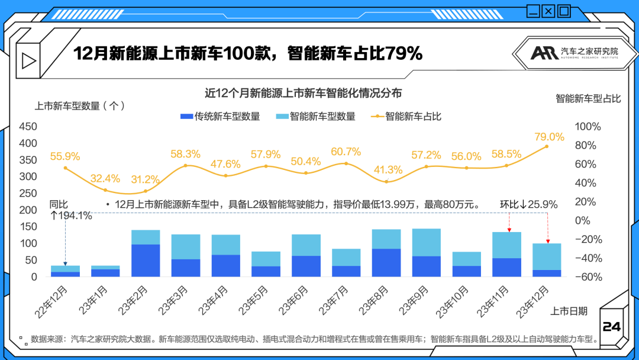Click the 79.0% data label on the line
(x=549, y=137)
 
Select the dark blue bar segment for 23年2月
(x=146, y=261)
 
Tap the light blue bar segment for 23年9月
(x=427, y=242)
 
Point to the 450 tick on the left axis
(x=28, y=127)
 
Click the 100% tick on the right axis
(x=588, y=127)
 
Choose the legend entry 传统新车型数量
(x=220, y=117)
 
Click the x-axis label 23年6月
(x=295, y=300)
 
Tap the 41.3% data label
(x=388, y=169)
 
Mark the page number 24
(x=611, y=327)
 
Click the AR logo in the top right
(x=543, y=53)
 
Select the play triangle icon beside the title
(x=28, y=60)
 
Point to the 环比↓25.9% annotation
(x=529, y=204)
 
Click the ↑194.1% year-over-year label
(x=71, y=216)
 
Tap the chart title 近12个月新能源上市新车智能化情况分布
(x=303, y=93)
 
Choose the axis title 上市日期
(x=569, y=311)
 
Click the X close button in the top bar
(x=548, y=10)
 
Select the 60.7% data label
(x=346, y=152)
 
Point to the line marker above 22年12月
(x=65, y=168)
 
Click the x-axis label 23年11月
(x=496, y=300)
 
